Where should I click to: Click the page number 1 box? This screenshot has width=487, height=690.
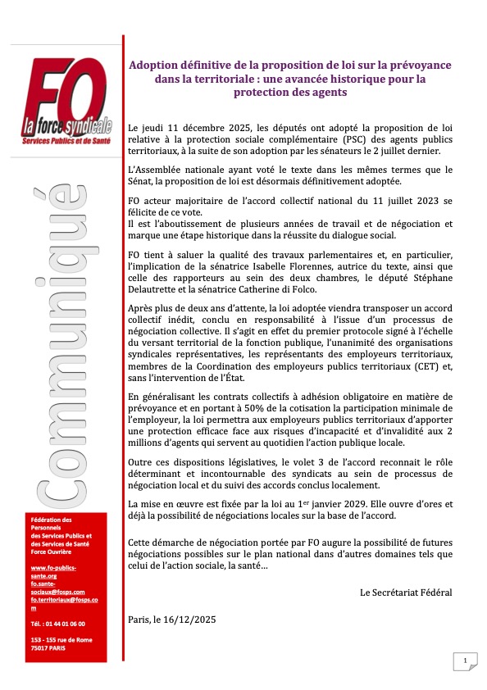(463, 660)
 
